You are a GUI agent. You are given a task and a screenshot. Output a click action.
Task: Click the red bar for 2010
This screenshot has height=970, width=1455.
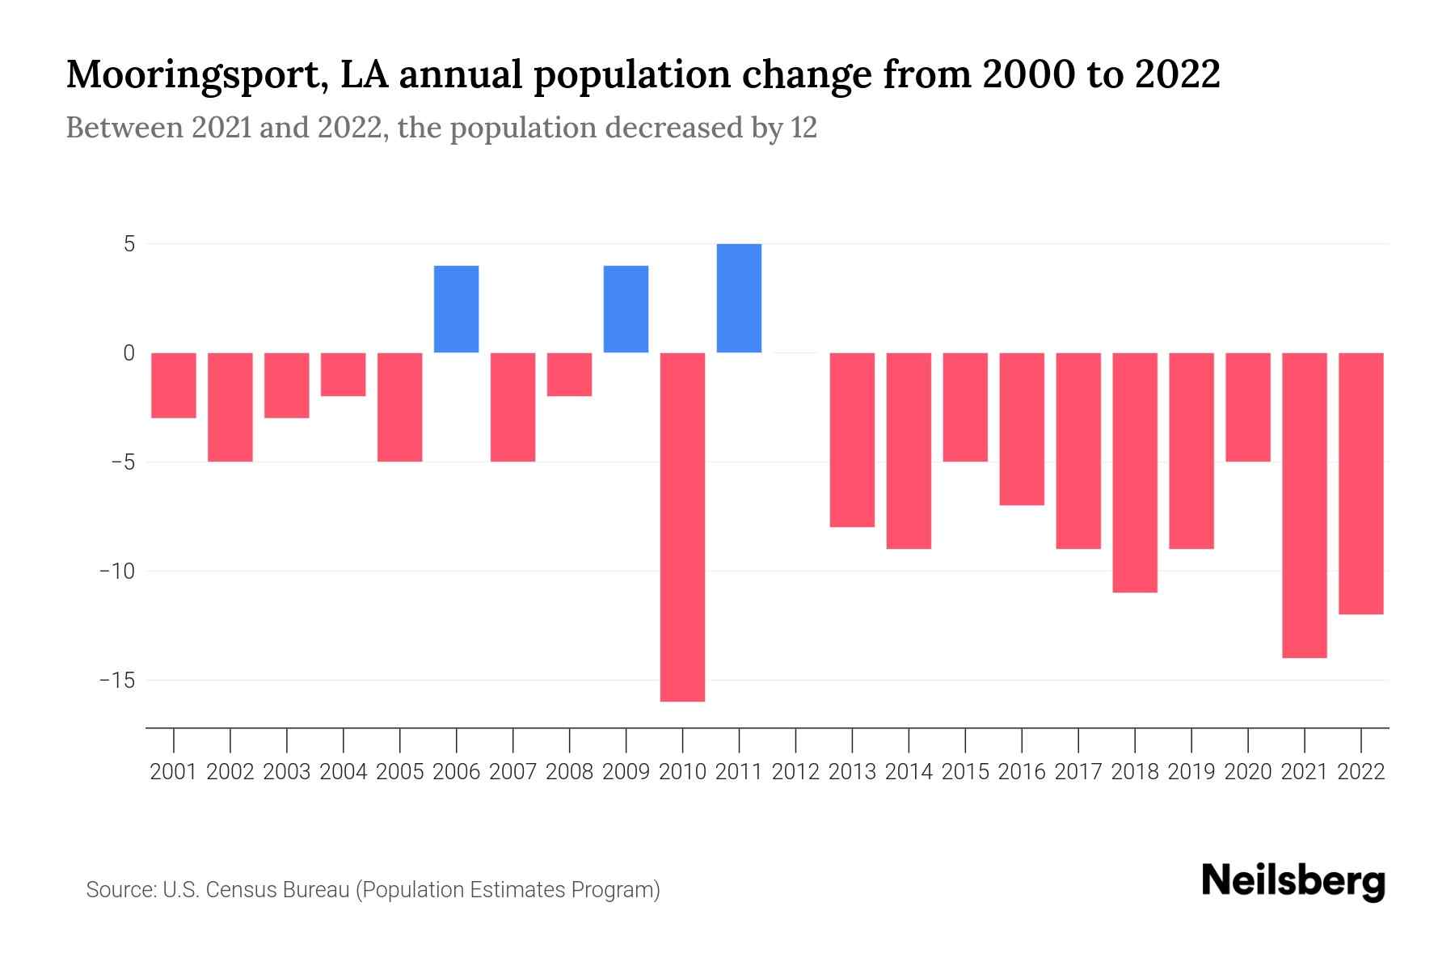(x=682, y=526)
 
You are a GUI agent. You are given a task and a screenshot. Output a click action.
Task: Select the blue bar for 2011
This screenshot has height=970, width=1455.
(x=739, y=298)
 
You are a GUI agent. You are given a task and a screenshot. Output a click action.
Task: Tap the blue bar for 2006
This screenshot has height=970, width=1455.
(x=456, y=309)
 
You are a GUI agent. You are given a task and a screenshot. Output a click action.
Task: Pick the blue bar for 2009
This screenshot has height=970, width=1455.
(x=626, y=309)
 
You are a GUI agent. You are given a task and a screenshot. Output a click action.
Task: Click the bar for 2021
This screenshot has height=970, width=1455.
(x=1304, y=505)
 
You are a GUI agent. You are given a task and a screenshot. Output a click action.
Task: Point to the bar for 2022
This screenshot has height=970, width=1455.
(x=1360, y=483)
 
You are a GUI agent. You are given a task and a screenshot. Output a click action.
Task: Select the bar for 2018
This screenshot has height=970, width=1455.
(x=1134, y=472)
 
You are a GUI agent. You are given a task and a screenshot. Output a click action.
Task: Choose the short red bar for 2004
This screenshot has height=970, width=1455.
(x=344, y=374)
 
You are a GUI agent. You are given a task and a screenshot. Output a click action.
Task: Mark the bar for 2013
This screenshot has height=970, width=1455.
(x=852, y=440)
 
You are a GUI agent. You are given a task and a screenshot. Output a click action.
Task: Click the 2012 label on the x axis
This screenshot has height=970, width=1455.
(x=795, y=772)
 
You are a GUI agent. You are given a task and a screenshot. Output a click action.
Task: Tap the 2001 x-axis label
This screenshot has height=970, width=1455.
(x=174, y=772)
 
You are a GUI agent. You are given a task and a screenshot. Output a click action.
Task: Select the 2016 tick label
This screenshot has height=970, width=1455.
(x=1022, y=772)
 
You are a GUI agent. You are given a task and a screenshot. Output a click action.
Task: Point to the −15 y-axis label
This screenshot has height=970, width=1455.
(x=116, y=681)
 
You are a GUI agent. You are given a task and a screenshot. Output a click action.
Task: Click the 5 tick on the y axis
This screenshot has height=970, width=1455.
(x=129, y=244)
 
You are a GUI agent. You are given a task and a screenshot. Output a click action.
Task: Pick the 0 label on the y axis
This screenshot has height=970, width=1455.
(x=129, y=353)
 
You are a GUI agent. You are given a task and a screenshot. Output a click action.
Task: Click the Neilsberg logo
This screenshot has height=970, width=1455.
(x=1293, y=881)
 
